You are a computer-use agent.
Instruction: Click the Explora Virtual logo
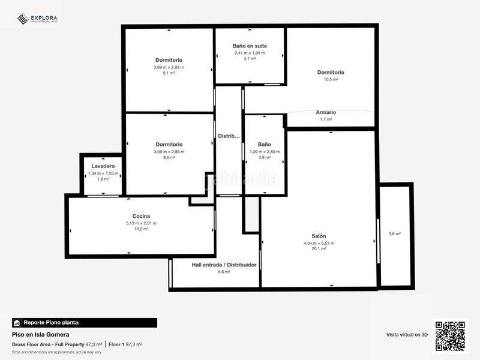37,19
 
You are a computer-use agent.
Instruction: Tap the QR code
451,336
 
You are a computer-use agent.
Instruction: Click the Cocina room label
141,216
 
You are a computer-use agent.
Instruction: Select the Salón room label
319,236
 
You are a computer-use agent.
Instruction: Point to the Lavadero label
103,166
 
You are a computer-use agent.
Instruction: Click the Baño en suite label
250,46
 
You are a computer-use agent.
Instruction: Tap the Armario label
326,112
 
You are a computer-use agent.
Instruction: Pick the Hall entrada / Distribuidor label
224,265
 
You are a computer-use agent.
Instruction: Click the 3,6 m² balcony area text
394,234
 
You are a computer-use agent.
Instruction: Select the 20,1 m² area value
319,249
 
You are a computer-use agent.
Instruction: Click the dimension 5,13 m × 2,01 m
141,223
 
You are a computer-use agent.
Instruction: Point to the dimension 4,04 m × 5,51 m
319,243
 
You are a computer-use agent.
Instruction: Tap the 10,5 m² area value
331,79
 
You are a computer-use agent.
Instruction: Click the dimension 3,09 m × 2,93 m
169,67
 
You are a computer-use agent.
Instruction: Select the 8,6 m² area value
169,158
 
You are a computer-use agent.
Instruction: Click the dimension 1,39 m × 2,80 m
264,152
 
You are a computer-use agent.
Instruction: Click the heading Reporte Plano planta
51,323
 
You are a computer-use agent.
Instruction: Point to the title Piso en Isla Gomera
40,334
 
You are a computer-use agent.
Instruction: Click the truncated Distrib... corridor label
229,135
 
